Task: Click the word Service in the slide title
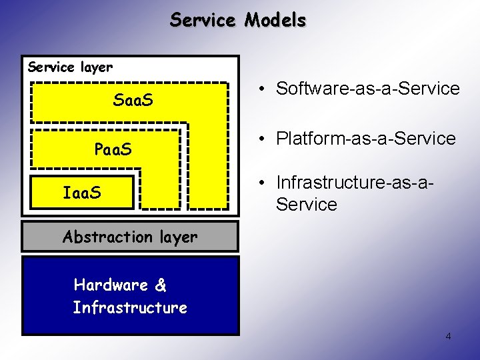(x=203, y=21)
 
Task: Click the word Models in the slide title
(x=275, y=21)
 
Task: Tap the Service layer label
(x=70, y=67)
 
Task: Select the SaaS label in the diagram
(x=133, y=101)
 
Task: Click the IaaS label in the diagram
(x=82, y=193)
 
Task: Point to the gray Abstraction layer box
(x=129, y=237)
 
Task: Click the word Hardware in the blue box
(x=111, y=285)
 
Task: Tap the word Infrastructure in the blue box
(x=130, y=308)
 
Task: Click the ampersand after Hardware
(x=161, y=285)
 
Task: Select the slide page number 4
(x=448, y=336)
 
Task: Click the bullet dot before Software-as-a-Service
(x=265, y=89)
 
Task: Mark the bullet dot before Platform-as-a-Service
(x=265, y=139)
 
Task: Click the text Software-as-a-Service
(x=367, y=89)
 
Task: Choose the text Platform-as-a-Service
(x=365, y=139)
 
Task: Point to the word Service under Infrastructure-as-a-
(x=306, y=204)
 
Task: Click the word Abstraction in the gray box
(x=107, y=237)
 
